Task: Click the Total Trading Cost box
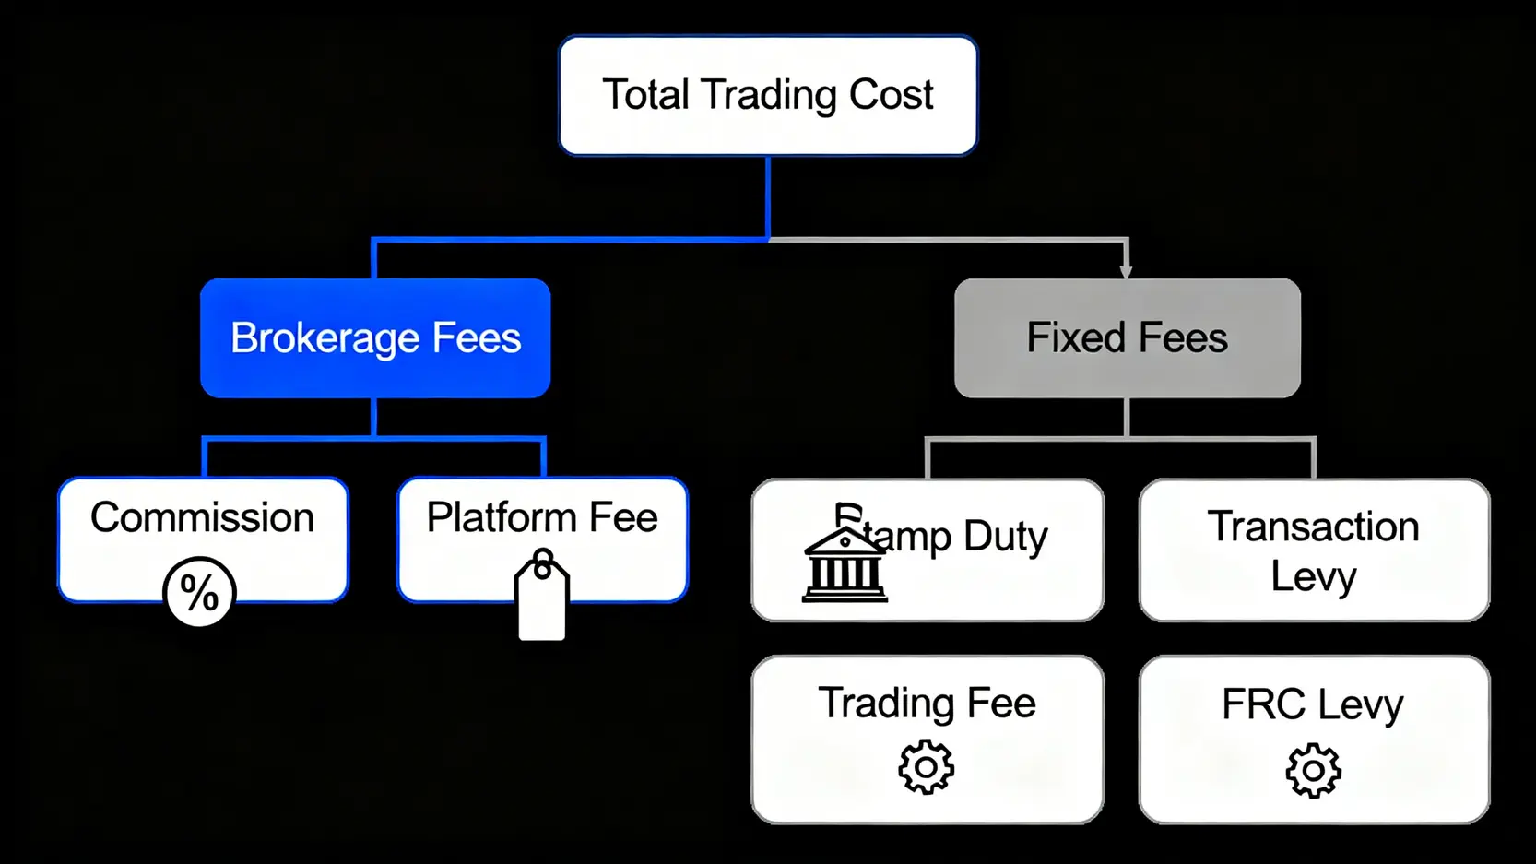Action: pyautogui.click(x=767, y=96)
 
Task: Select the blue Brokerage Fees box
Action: pyautogui.click(x=375, y=337)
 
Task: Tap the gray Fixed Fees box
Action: pyautogui.click(x=1127, y=337)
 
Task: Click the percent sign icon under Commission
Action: pyautogui.click(x=199, y=592)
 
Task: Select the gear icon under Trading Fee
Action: pyautogui.click(x=926, y=767)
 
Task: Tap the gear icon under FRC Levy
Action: pyautogui.click(x=1313, y=770)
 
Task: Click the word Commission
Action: pyautogui.click(x=202, y=517)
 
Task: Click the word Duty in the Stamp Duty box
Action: pyautogui.click(x=1005, y=536)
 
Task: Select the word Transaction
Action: pyautogui.click(x=1313, y=527)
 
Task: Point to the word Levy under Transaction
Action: pyautogui.click(x=1313, y=577)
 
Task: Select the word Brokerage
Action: pyautogui.click(x=325, y=338)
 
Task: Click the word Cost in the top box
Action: pyautogui.click(x=891, y=95)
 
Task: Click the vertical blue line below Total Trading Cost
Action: pyautogui.click(x=767, y=198)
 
